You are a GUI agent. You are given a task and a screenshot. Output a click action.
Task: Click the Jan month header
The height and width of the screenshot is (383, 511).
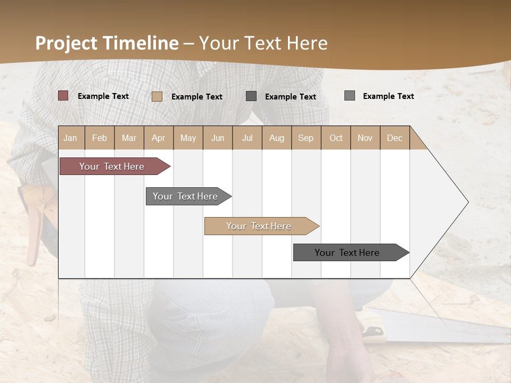(70, 138)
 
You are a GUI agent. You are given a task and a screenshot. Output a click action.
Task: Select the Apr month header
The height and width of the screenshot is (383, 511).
(158, 138)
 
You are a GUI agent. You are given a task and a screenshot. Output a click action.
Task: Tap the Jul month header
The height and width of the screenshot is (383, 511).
(247, 138)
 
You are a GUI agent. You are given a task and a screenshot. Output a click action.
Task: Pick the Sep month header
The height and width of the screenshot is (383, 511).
(306, 138)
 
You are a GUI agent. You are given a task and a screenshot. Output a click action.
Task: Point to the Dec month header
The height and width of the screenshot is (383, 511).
(394, 138)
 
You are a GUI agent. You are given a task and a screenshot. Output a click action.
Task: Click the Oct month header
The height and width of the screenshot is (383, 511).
(336, 138)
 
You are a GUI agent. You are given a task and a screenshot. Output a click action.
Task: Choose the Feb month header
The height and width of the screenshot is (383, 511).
(100, 138)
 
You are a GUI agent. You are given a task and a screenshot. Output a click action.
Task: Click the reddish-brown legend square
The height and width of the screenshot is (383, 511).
(63, 96)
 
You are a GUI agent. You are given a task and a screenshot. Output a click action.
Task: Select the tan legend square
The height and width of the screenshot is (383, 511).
(156, 96)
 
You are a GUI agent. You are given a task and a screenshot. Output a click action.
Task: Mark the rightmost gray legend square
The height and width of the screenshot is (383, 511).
(349, 96)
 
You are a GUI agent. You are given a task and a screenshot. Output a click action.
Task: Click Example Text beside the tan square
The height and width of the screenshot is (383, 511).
(196, 96)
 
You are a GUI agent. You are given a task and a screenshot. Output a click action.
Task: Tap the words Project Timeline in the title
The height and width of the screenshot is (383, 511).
(106, 43)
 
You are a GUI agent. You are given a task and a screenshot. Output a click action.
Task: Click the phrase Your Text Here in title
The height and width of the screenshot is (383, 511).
(263, 43)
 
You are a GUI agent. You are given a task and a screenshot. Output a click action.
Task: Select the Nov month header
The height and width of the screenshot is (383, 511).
(365, 138)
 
